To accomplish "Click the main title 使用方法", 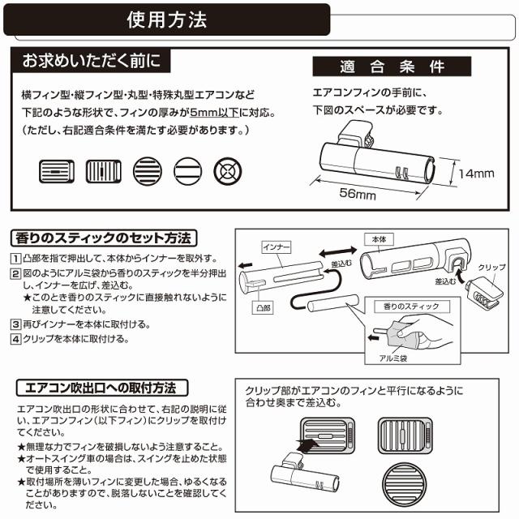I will point(167,19).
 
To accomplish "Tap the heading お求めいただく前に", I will point(86,61).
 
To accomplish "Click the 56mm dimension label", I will point(357,196).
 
